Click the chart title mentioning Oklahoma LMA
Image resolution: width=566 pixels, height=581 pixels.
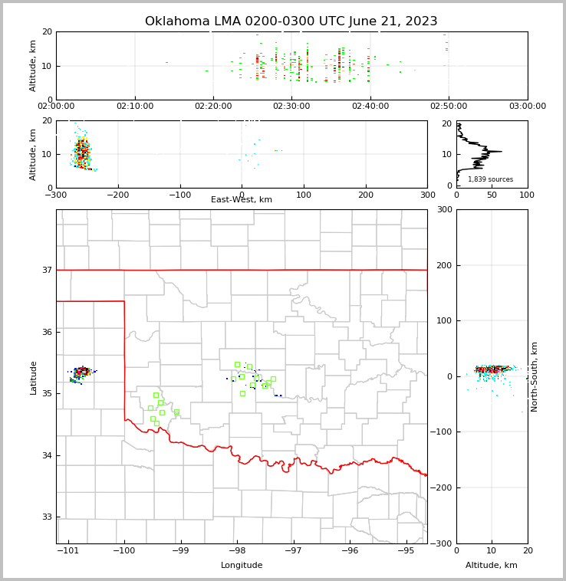coord(291,21)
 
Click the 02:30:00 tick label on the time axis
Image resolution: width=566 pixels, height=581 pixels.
coord(291,107)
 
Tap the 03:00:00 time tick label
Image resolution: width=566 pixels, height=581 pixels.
coord(527,107)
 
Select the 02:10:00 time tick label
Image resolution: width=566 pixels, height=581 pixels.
coord(135,107)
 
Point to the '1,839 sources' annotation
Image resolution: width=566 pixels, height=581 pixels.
coord(490,179)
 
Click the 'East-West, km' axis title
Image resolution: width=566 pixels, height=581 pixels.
coord(242,200)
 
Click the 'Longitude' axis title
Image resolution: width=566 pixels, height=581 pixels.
coord(242,566)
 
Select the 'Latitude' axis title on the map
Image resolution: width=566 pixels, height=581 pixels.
coord(34,377)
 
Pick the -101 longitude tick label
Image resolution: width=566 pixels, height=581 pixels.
coord(68,550)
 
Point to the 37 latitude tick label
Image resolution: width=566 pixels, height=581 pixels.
coord(47,270)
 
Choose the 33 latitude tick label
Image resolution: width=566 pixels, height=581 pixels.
coord(47,517)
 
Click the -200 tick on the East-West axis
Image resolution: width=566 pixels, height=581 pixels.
coord(117,195)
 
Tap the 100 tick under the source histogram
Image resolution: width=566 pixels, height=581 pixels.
coord(527,195)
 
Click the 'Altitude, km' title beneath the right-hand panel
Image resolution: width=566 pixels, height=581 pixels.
coord(492,566)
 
